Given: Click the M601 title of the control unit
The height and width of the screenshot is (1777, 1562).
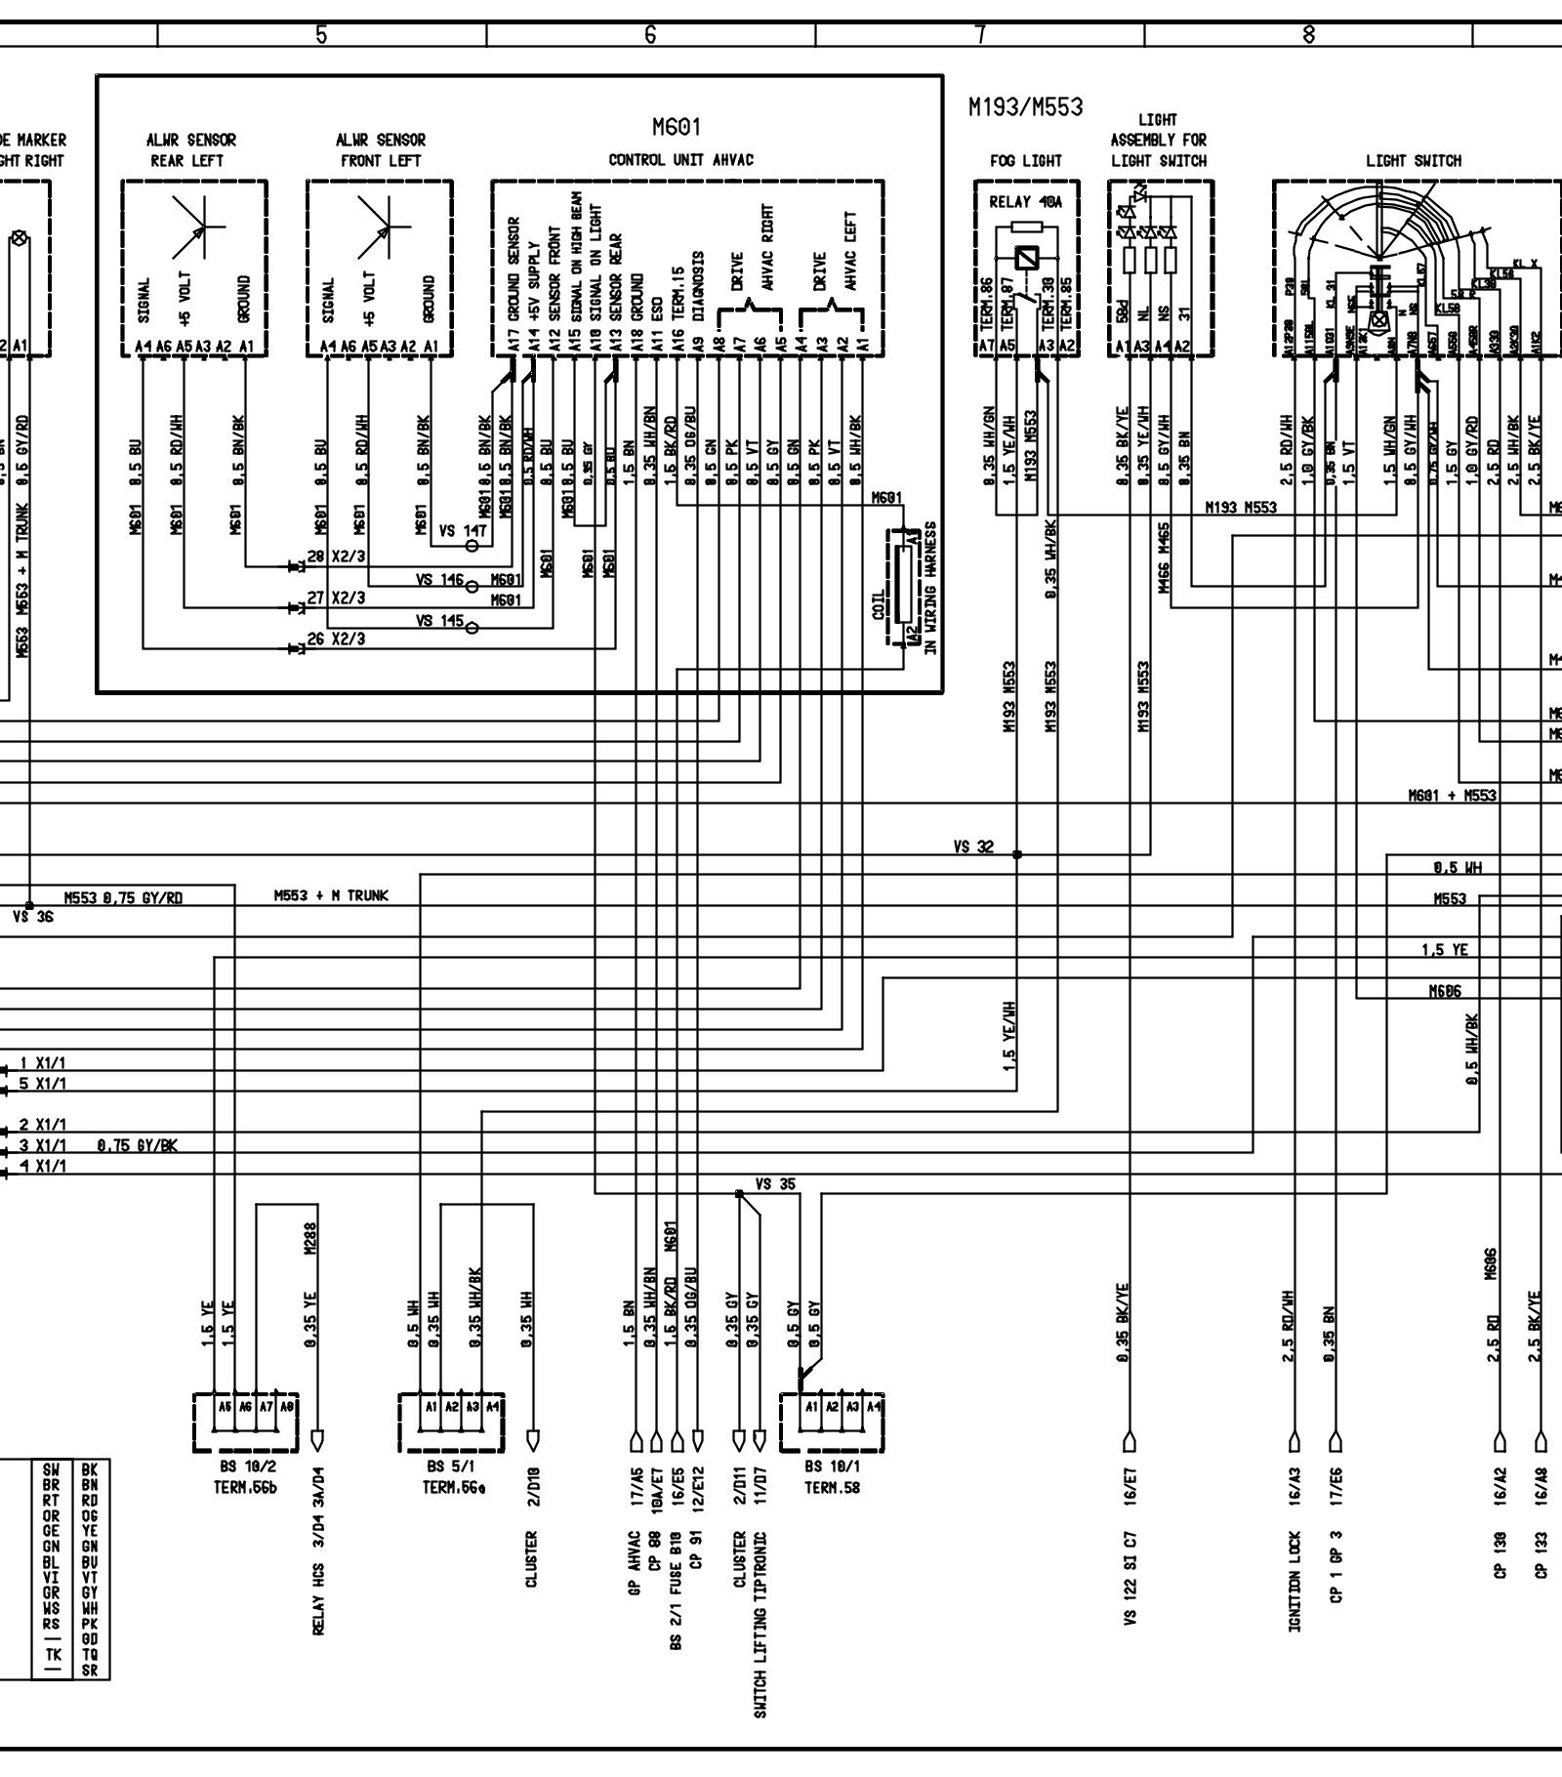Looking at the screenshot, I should [x=677, y=128].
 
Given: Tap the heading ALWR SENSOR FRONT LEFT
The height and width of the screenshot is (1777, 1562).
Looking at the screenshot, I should [x=380, y=150].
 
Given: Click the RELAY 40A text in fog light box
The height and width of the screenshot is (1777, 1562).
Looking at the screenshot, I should [x=1025, y=203].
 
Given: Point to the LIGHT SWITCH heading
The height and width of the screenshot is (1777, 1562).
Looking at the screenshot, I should [x=1413, y=160].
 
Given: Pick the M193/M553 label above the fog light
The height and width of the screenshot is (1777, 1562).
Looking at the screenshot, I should [x=1025, y=106].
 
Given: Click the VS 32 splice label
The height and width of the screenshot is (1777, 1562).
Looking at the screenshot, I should [x=973, y=847].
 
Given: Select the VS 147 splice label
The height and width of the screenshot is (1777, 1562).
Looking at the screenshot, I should [x=462, y=531].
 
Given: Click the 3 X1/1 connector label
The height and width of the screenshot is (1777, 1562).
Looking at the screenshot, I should [x=44, y=1144].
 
